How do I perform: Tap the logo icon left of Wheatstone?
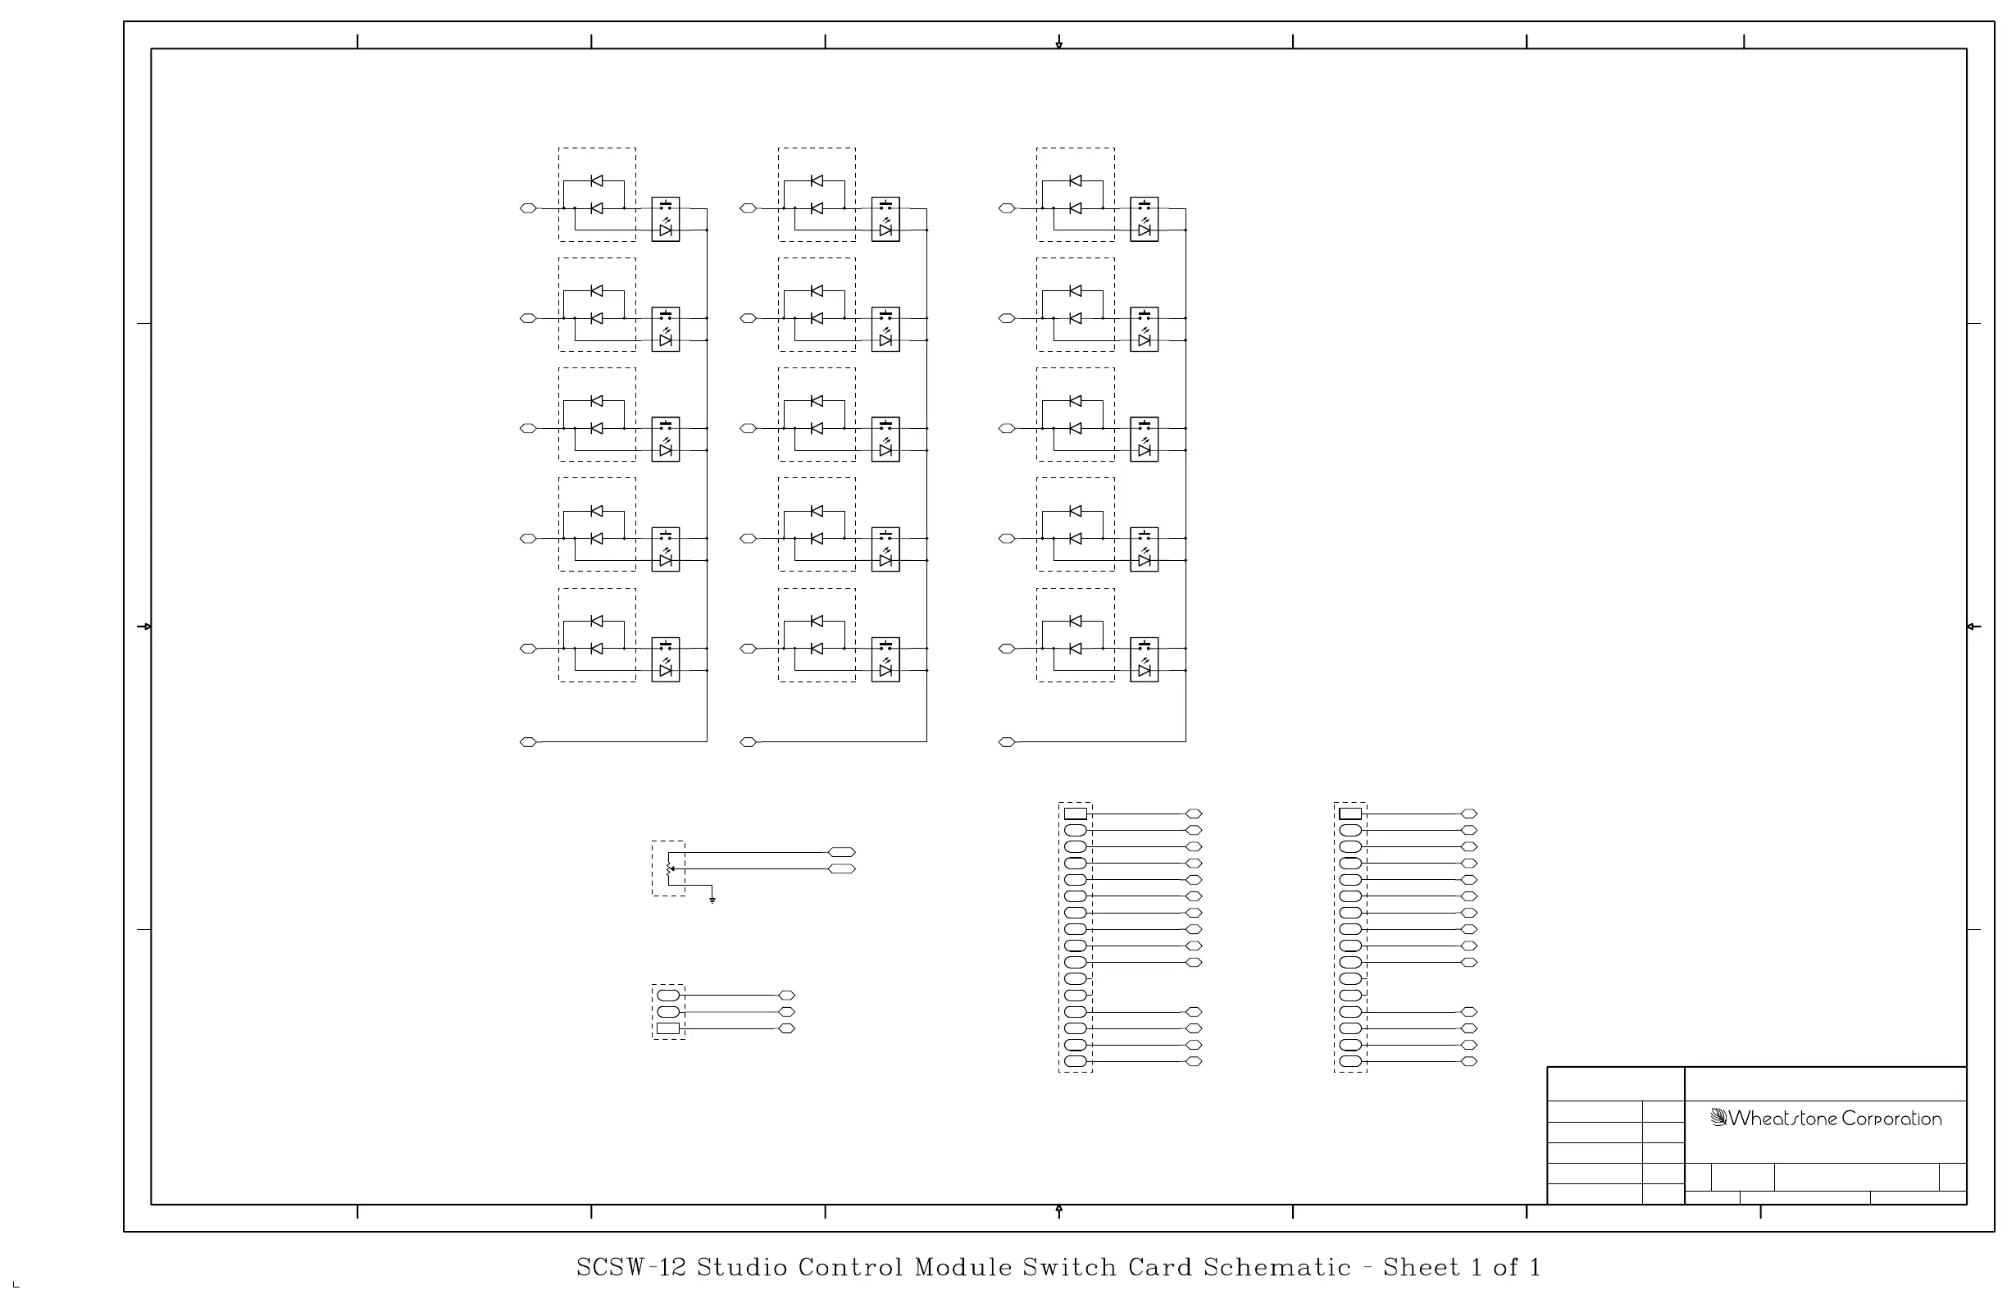coord(1718,1118)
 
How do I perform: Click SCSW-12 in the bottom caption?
coord(632,1268)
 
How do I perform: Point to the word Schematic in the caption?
coord(1277,1268)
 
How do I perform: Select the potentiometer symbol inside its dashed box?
coord(670,868)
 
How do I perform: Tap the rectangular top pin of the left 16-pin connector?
coord(1075,814)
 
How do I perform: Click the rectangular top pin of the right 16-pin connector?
coord(1350,814)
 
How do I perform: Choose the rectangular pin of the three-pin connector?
coord(668,1028)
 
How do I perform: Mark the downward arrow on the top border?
coord(1059,42)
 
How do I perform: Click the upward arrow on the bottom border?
coord(1059,1211)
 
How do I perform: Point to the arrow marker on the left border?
coord(145,627)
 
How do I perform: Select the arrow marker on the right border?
coord(1973,627)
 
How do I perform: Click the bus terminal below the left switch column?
coord(528,742)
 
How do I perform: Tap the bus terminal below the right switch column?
coord(1007,742)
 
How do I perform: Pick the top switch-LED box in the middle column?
coord(885,219)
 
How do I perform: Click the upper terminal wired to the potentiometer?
coord(842,852)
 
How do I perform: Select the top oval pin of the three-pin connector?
coord(668,996)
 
